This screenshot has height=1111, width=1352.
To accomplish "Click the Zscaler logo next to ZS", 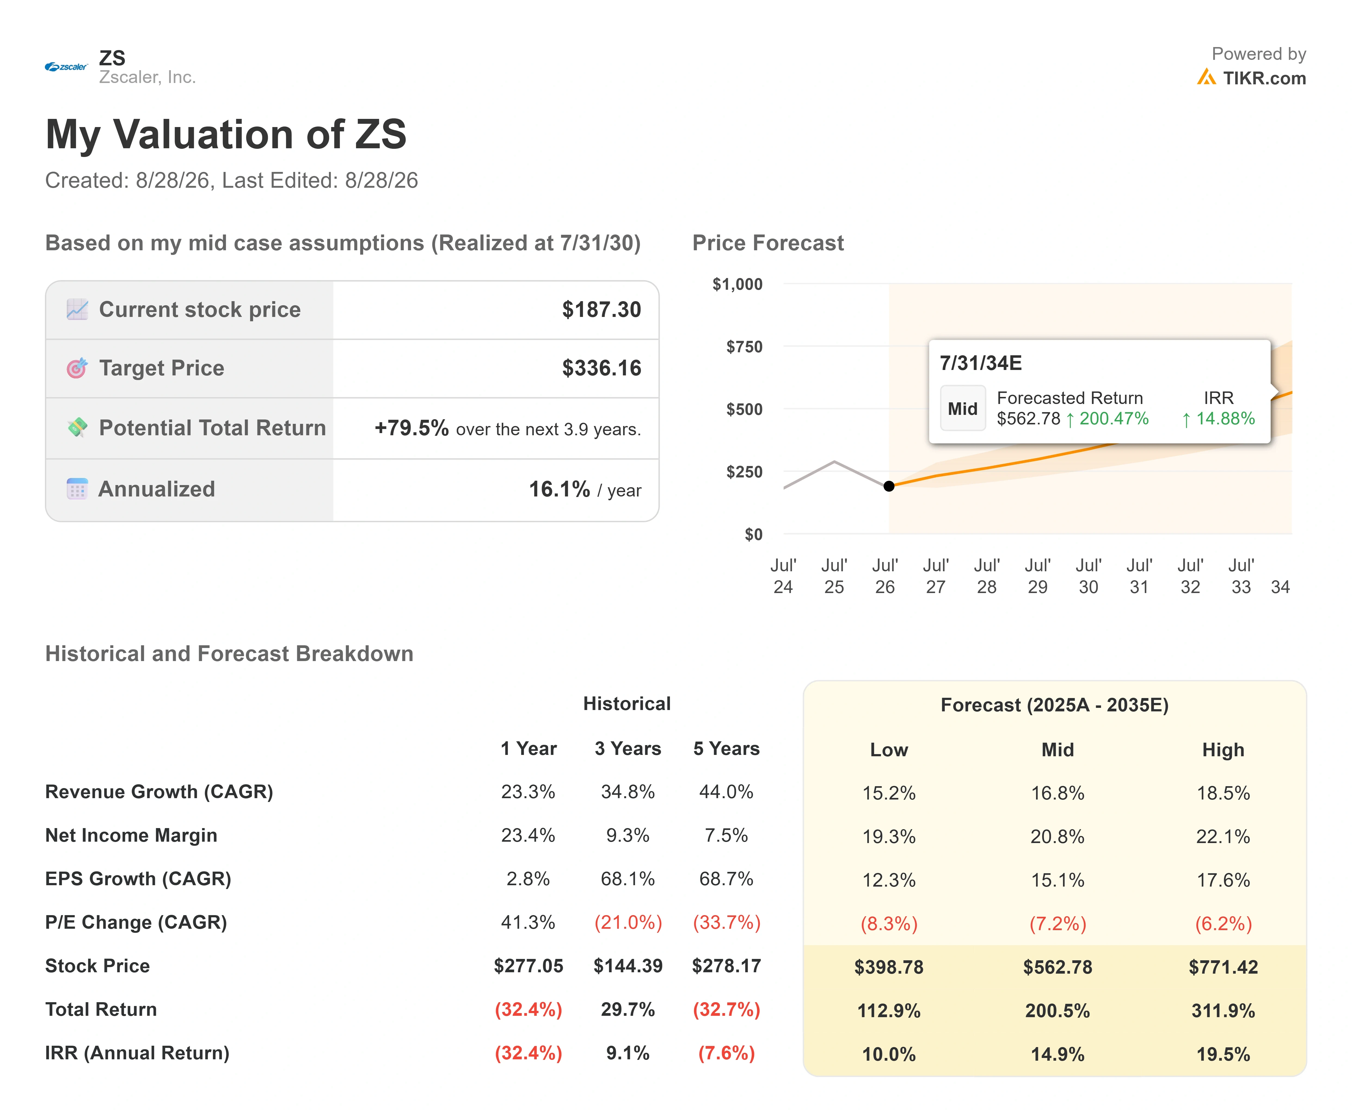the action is coord(66,67).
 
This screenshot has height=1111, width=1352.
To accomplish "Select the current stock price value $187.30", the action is coord(601,310).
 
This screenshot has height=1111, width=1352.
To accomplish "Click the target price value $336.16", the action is coord(601,368).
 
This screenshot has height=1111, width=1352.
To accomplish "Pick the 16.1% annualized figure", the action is coord(559,489).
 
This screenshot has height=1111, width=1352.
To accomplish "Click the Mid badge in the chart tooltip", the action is coord(962,408).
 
